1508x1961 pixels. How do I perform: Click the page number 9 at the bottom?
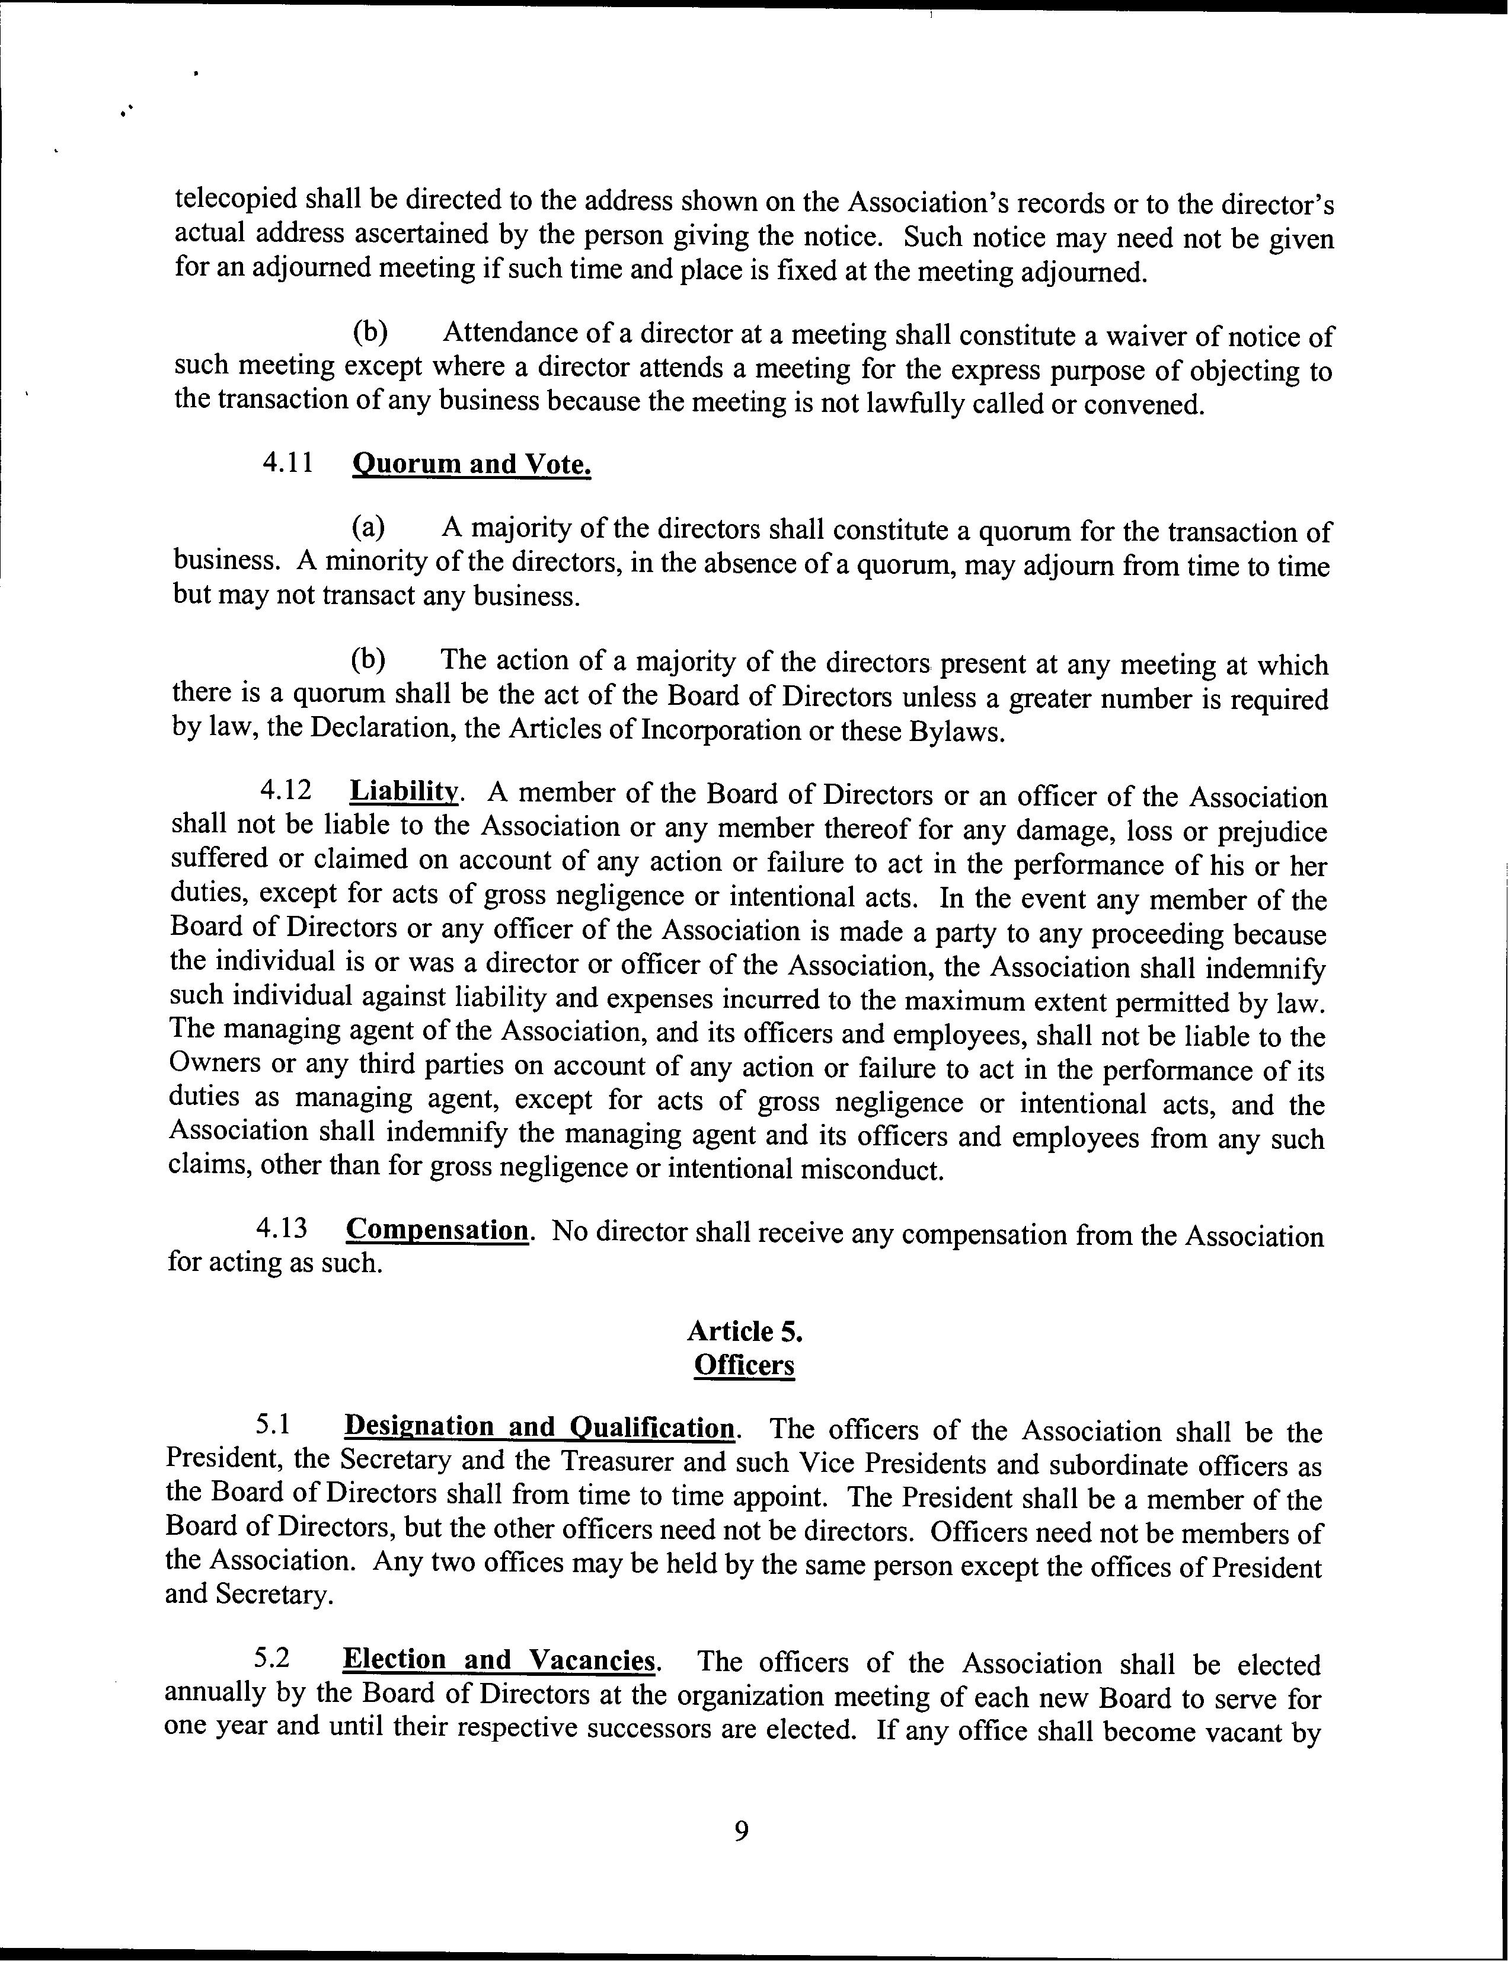(742, 1830)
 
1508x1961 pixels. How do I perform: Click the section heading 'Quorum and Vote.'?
(471, 465)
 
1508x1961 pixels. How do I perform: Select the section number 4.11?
(288, 463)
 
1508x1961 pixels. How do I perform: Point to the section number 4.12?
(286, 790)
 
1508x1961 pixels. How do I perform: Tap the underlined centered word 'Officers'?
(744, 1365)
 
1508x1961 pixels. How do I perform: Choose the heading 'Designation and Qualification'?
(539, 1426)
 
